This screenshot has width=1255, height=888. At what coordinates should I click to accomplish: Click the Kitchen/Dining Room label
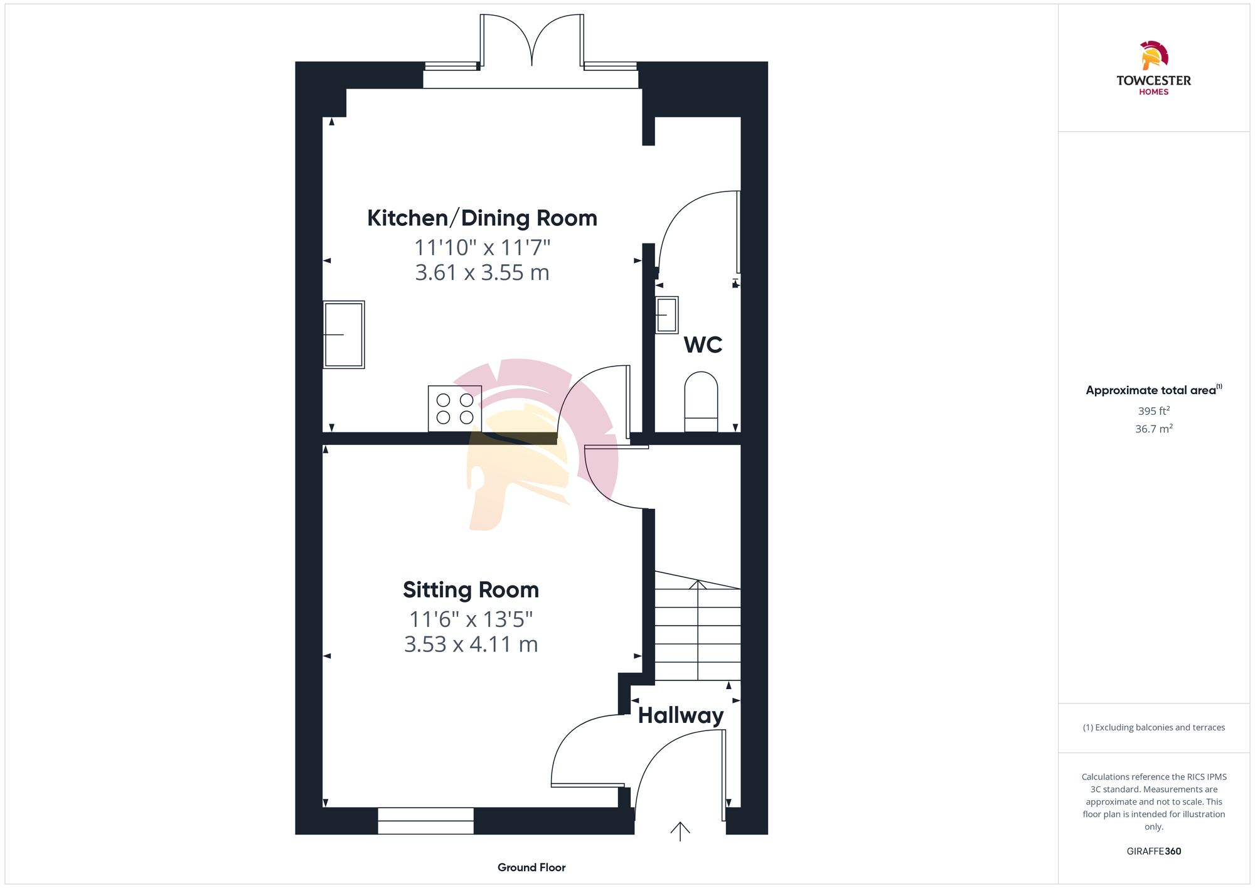482,218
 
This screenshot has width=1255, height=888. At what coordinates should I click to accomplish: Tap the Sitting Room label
471,590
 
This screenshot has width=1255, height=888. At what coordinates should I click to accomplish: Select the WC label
703,345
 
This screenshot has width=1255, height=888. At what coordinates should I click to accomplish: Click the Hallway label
681,715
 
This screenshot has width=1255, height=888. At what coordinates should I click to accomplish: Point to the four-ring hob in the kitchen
455,409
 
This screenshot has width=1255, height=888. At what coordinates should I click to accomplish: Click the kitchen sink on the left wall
344,334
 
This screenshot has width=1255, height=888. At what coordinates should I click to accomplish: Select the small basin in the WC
667,315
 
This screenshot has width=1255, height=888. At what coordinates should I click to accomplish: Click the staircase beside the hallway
698,628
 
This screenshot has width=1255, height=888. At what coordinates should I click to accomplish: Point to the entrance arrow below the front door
680,831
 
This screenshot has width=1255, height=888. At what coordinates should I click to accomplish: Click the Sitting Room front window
425,821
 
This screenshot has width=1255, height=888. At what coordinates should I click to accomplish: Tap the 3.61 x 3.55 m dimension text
482,273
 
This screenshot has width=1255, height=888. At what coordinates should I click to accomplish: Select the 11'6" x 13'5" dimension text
471,619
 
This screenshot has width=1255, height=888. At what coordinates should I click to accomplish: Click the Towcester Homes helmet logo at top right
1153,56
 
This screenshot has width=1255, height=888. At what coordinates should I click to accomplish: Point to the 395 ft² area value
1153,411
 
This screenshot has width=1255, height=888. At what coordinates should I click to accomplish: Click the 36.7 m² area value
1153,429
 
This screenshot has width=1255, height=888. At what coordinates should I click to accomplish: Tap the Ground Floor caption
531,867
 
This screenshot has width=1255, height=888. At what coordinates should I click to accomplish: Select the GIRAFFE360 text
1153,852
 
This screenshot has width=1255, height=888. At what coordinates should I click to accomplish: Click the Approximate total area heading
1152,390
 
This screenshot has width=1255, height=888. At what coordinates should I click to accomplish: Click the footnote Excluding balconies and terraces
1153,727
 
